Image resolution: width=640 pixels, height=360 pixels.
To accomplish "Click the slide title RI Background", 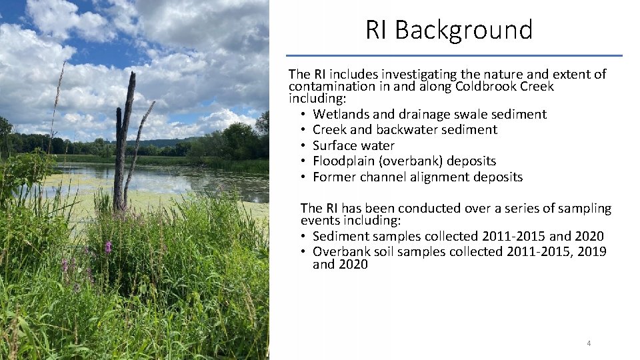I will coord(449,30).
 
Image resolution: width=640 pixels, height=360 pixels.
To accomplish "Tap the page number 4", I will coord(589,343).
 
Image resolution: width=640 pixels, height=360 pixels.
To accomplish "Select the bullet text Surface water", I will coord(353,145).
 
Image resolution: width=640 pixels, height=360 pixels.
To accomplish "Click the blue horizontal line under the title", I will coord(454,55).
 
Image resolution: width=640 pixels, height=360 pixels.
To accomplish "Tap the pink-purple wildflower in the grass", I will coord(108,247).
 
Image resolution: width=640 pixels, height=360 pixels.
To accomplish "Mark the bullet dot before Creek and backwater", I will coord(303,130).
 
